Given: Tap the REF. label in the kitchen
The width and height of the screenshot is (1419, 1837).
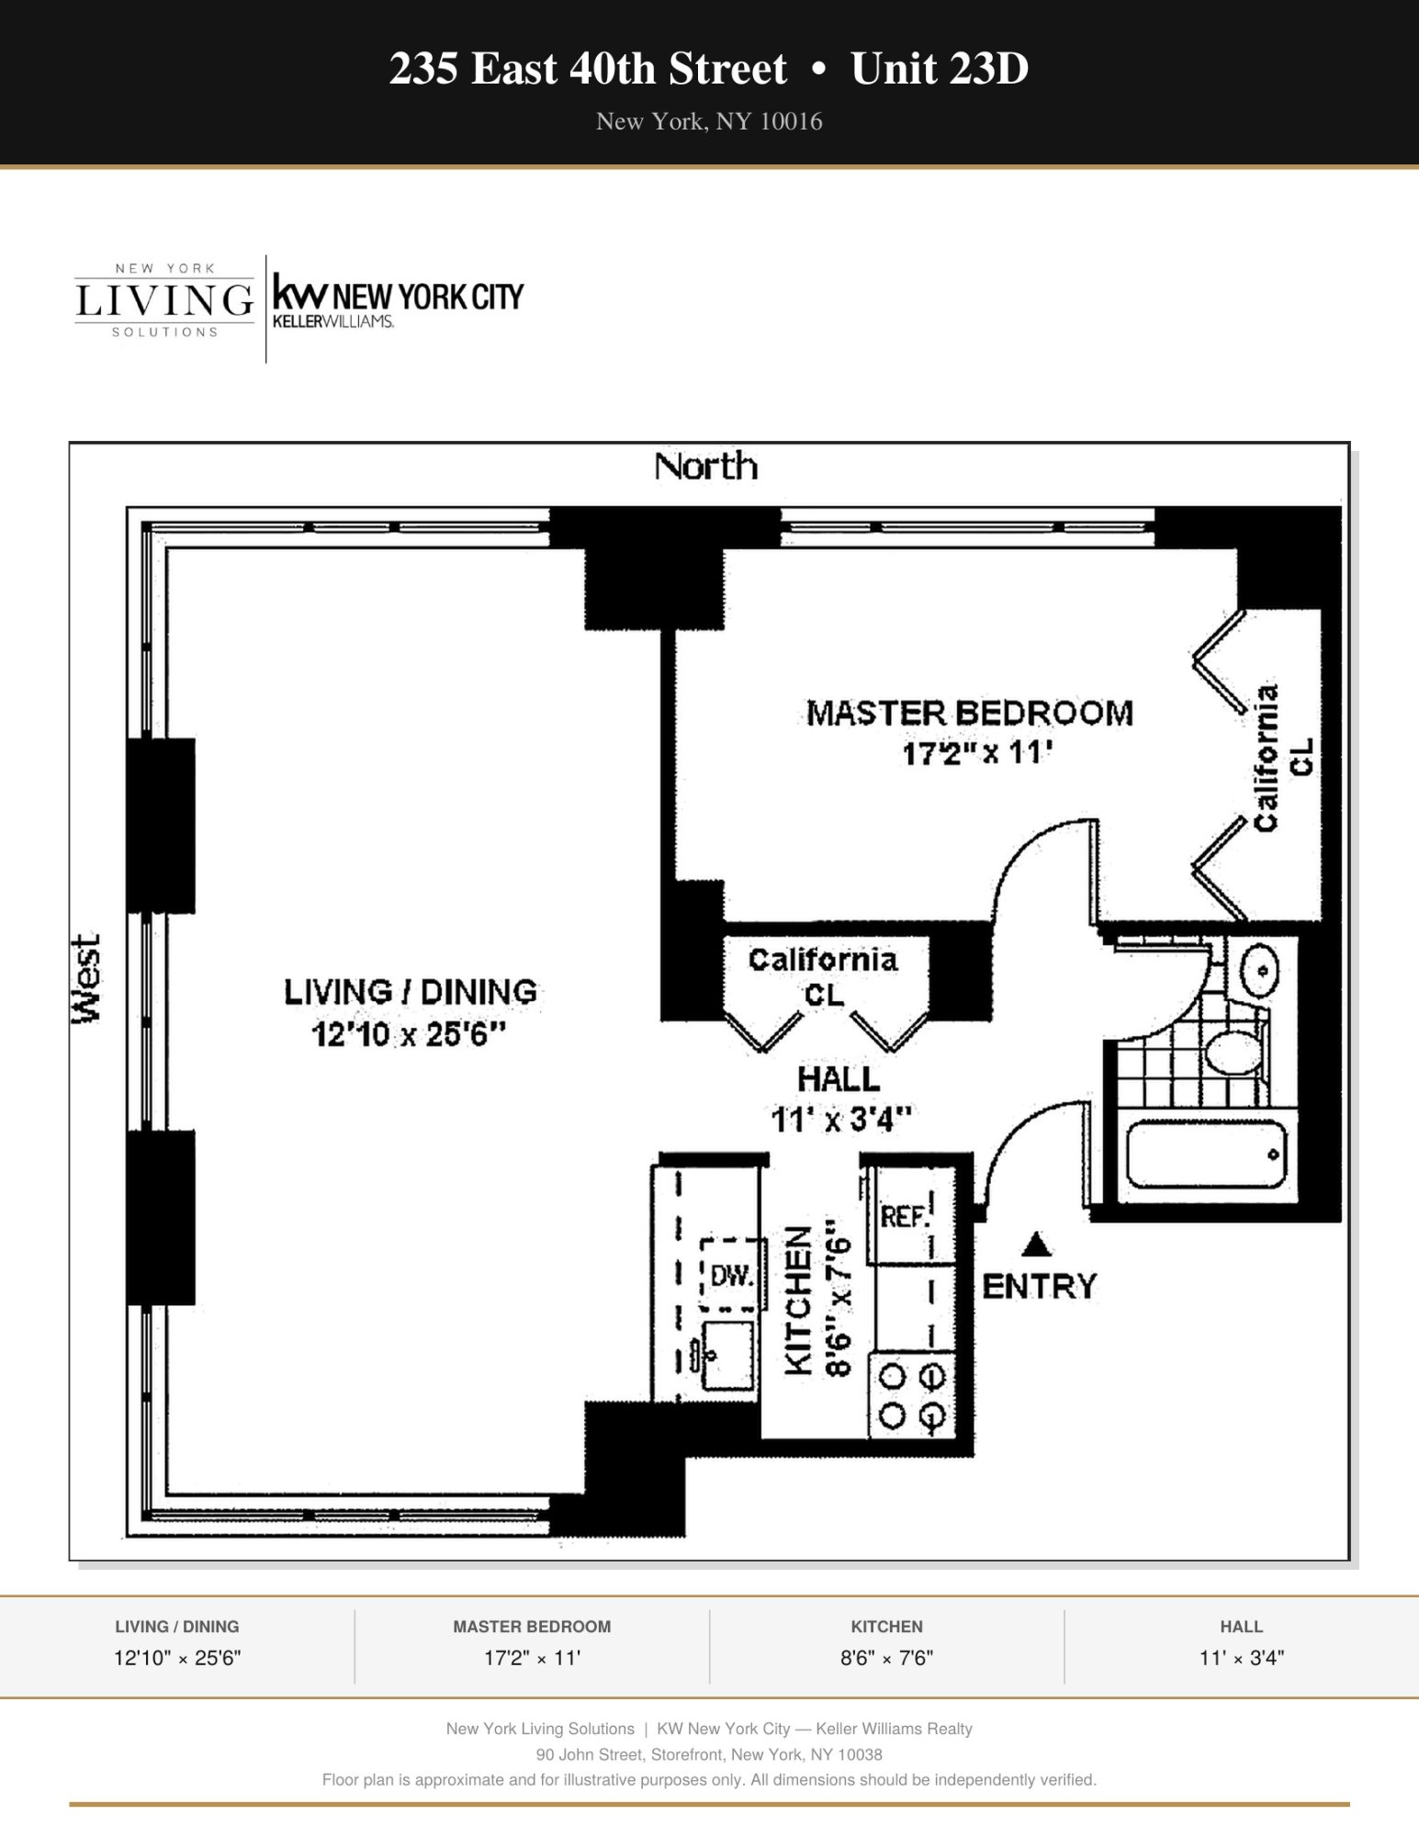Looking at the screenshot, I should coord(905,1217).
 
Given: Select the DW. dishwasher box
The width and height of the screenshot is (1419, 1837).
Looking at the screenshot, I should coord(732,1275).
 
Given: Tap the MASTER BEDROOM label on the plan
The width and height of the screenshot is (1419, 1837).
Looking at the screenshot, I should coord(969,713).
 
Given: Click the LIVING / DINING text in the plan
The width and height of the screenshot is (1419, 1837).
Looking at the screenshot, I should coord(410,992).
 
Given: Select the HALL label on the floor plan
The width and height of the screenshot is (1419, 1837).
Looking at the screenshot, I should coord(838,1078).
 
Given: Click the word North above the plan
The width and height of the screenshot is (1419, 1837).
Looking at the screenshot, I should coord(705,467).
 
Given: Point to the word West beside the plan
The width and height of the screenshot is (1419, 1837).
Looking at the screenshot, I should coord(86,977).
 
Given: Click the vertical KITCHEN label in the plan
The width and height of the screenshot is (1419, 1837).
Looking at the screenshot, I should coord(798,1301).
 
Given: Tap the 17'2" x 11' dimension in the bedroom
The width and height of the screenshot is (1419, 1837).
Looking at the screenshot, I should coord(974,753).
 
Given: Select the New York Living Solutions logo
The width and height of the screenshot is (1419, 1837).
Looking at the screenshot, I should coord(164,300).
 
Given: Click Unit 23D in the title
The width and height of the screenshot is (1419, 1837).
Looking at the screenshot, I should coord(939,69).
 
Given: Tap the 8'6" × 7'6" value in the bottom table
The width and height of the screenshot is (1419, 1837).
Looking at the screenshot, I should coord(886,1658).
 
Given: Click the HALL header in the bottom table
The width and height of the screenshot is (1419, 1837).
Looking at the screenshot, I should coord(1241,1627).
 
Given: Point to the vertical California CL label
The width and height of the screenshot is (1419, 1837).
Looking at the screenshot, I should coord(1281,759).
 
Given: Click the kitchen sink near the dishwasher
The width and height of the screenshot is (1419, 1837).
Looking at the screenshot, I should coord(728,1355).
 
